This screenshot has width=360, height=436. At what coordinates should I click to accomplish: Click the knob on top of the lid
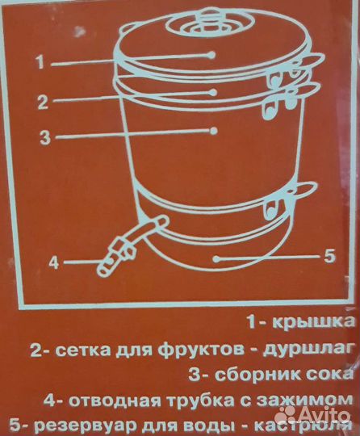[x=209, y=15]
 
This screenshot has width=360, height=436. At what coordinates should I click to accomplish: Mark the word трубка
[x=196, y=401]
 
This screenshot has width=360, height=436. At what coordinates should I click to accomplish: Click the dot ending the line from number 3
[x=216, y=130]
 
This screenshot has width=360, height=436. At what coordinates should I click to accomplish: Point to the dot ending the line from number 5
[x=216, y=258]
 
